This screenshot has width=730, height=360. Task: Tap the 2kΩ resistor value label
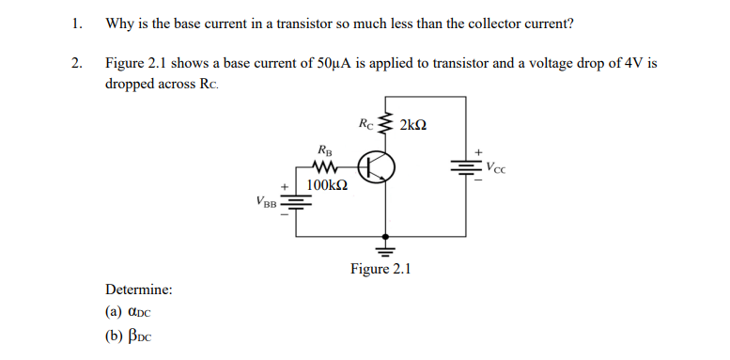coord(414,124)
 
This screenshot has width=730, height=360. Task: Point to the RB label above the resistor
coord(324,149)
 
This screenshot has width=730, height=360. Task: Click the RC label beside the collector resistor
coord(366,123)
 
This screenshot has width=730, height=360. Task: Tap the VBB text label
coord(267,201)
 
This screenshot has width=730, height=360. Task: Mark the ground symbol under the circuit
coord(383,249)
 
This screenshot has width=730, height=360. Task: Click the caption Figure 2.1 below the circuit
coord(381,270)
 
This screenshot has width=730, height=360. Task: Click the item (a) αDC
coord(129,314)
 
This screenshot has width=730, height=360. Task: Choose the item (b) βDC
coord(129,337)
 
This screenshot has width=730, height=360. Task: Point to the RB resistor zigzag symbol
coord(324,169)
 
